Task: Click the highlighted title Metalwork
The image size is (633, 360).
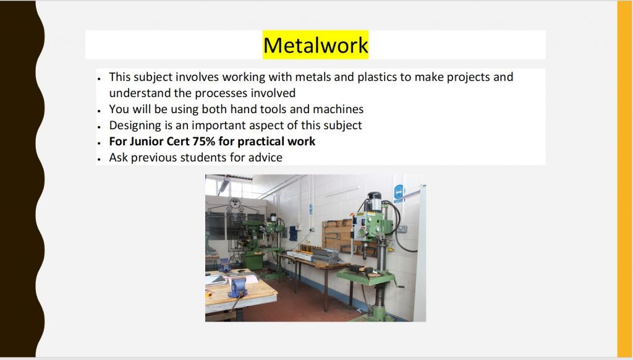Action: [x=316, y=45]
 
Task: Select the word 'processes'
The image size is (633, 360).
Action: [x=221, y=93]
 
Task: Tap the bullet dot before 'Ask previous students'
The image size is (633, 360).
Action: [x=98, y=159]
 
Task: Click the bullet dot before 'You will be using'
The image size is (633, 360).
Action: [x=98, y=111]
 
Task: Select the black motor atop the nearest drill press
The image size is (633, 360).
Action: [x=374, y=201]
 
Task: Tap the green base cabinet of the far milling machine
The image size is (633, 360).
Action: [x=253, y=260]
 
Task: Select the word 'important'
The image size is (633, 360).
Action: [x=219, y=126]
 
